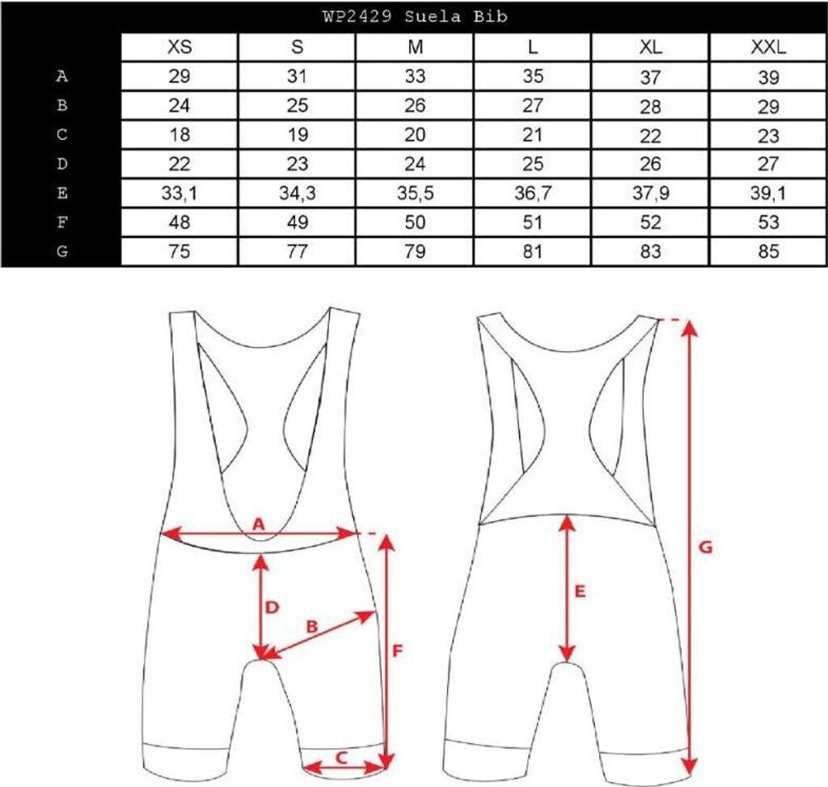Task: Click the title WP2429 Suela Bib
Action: [414, 16]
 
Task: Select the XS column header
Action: [180, 47]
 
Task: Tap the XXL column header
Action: [768, 47]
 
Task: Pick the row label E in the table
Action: [61, 193]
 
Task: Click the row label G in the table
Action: [61, 252]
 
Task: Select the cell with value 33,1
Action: [180, 193]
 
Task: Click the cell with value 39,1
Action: [768, 193]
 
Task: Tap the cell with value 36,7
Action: [532, 193]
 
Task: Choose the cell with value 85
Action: [768, 252]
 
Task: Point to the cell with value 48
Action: [180, 222]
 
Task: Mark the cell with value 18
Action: [180, 135]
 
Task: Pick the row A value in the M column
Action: [416, 77]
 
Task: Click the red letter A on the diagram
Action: [259, 523]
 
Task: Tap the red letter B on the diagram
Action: [311, 626]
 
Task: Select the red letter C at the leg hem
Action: [341, 757]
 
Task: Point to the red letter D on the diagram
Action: [272, 606]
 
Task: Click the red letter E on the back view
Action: [579, 591]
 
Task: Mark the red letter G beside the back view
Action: [705, 548]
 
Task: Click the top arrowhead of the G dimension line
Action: [689, 326]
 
